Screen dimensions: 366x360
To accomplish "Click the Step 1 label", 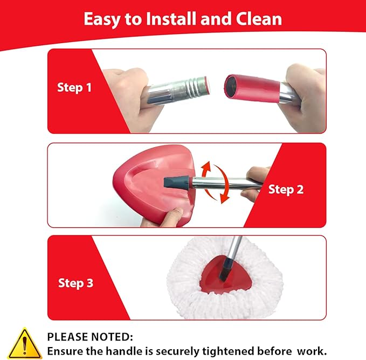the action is [74, 88].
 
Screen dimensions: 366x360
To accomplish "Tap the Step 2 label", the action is [286, 190].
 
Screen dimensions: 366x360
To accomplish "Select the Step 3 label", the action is [75, 283].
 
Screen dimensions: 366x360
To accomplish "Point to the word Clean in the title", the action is [259, 19].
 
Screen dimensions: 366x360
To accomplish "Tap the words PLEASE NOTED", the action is [90, 337].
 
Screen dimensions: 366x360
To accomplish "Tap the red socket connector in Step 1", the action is [252, 88].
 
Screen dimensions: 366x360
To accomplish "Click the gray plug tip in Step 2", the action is [178, 182].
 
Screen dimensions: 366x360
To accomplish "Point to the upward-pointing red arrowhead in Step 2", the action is [207, 166].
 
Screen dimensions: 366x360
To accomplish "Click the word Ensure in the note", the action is [65, 351].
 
